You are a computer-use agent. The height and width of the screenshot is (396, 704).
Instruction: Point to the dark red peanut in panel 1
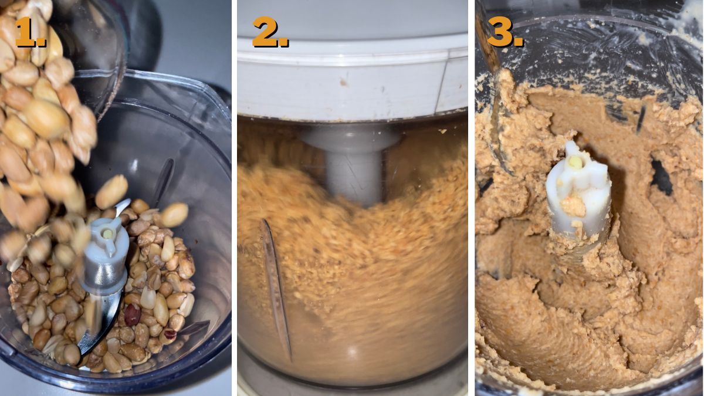[132, 314]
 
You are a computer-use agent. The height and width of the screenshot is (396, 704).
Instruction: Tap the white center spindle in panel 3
[578, 194]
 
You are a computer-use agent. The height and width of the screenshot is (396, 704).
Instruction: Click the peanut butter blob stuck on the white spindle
[573, 205]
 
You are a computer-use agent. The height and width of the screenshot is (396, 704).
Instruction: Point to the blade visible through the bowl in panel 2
[276, 287]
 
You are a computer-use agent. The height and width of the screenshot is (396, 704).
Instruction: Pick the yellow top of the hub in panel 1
[107, 233]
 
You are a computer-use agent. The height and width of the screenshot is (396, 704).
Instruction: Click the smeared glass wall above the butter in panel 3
[587, 53]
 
